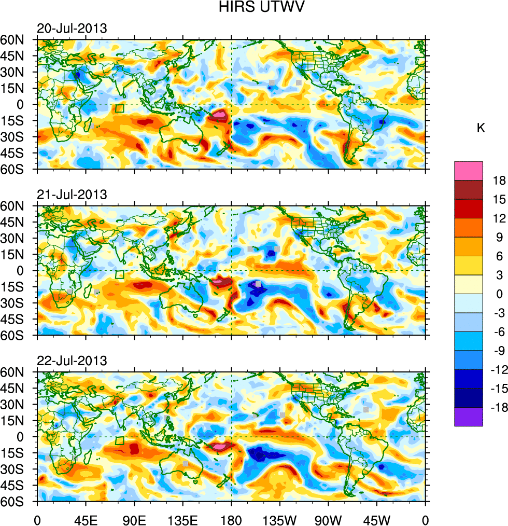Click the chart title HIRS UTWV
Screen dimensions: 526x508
tap(253, 7)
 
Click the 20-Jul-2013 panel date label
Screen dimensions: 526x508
tap(72, 29)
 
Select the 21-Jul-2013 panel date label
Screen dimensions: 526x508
tap(72, 195)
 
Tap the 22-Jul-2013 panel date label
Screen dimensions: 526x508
tap(72, 361)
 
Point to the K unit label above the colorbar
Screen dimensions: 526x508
tap(481, 128)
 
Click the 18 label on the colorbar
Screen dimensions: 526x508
tap(499, 180)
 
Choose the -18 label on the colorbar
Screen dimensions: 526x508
tap(497, 407)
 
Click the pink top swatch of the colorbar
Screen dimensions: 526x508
tap(469, 170)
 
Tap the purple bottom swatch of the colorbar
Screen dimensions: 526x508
tap(469, 417)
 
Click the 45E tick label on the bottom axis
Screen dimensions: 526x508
tap(86, 519)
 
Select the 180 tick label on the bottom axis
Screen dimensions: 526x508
tap(231, 519)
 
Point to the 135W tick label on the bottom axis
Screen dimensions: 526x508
tap(280, 519)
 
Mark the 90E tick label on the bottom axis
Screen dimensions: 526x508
tap(134, 519)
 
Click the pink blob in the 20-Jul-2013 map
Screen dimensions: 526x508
tap(220, 114)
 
